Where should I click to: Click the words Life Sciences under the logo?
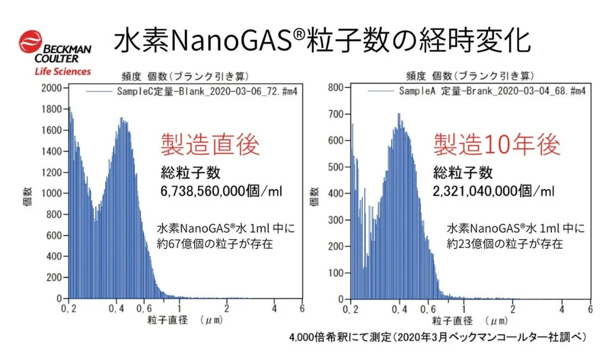pos(63,71)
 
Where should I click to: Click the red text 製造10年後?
pos(497,144)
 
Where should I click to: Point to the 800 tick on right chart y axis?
pos(337,88)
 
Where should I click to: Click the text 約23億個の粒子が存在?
pos(505,243)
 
